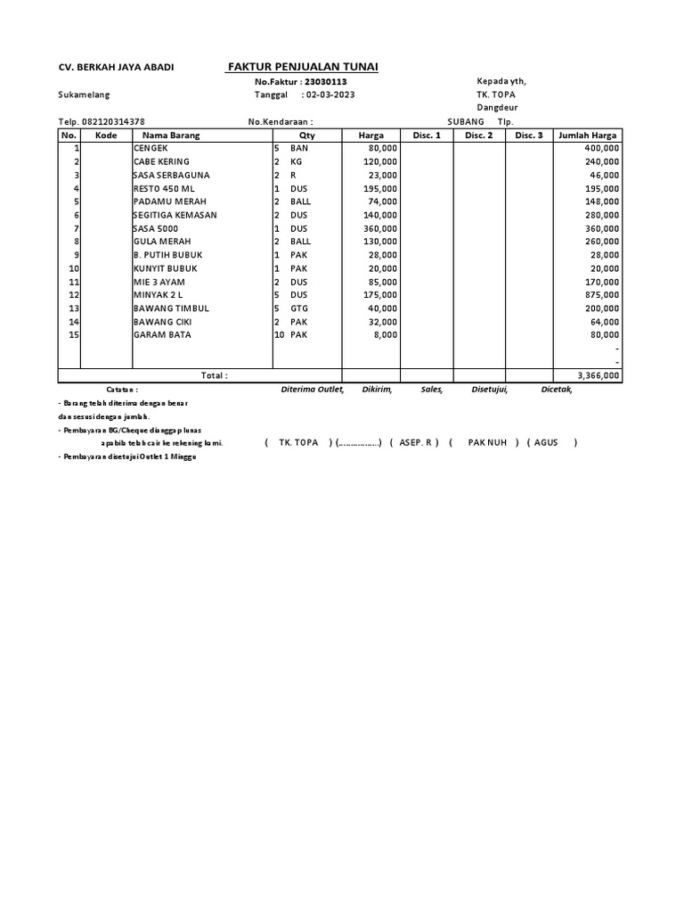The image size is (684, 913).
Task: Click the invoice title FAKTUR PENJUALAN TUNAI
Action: (303, 67)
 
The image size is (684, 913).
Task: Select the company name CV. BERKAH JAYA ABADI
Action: (116, 68)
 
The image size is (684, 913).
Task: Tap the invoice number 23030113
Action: (325, 81)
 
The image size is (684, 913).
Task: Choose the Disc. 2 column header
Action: (478, 136)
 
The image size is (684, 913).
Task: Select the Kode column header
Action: (106, 136)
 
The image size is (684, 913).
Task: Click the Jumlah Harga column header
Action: (587, 136)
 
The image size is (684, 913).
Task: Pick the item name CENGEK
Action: (151, 148)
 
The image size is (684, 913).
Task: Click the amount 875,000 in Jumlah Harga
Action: (602, 295)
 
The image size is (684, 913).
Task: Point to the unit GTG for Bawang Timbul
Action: (299, 308)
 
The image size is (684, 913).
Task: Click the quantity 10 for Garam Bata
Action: (279, 335)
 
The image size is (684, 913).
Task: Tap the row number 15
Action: (75, 335)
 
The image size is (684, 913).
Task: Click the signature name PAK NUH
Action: (487, 442)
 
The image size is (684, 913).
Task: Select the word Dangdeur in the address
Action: (497, 107)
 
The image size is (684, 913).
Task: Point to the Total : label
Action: (214, 376)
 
